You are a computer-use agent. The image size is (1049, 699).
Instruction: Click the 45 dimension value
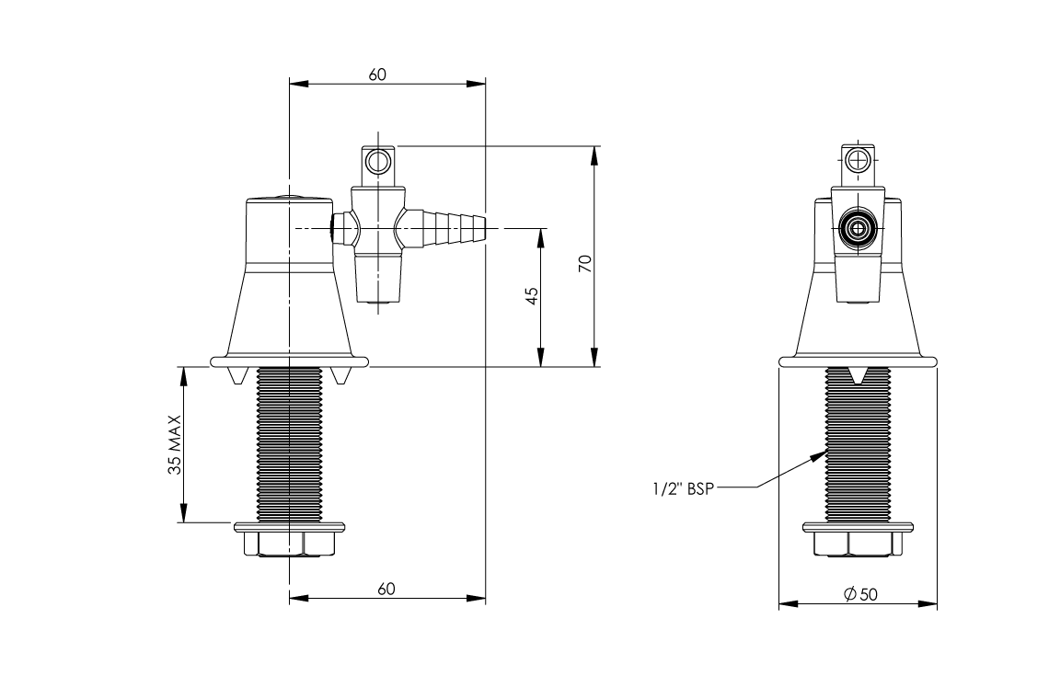click(531, 296)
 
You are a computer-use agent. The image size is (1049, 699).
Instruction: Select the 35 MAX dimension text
click(174, 445)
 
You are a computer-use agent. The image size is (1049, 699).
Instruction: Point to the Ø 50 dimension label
click(860, 595)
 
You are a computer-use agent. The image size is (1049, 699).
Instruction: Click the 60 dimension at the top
click(377, 74)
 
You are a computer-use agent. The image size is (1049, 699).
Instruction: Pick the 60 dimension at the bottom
click(386, 589)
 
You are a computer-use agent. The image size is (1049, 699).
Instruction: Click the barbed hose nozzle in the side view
click(451, 224)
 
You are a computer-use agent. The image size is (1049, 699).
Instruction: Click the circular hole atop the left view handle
click(377, 163)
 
